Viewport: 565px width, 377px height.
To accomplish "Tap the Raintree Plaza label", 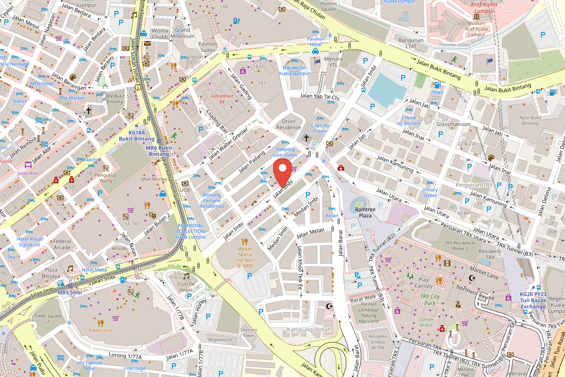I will pyautogui.click(x=365, y=212).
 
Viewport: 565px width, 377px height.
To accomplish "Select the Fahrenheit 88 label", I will pyautogui.click(x=221, y=99).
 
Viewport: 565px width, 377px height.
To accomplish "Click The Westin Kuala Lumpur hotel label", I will pyautogui.click(x=294, y=71).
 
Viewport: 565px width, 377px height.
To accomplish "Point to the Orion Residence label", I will pyautogui.click(x=289, y=124).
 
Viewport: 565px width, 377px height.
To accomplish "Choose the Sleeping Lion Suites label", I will pyautogui.click(x=285, y=152).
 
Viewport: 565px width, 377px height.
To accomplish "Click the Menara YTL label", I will pyautogui.click(x=333, y=62).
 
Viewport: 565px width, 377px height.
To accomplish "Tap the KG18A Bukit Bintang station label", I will pyautogui.click(x=137, y=136).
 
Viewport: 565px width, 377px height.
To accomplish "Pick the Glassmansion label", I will pyautogui.click(x=453, y=124).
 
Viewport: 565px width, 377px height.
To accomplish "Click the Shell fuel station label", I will pyautogui.click(x=437, y=92).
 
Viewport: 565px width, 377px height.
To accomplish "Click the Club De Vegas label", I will pyautogui.click(x=186, y=287).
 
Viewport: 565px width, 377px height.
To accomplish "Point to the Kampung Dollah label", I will pyautogui.click(x=309, y=329).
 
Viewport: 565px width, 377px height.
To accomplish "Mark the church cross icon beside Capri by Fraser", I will pyautogui.click(x=306, y=138).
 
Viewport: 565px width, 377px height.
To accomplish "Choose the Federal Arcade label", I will pyautogui.click(x=62, y=244).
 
